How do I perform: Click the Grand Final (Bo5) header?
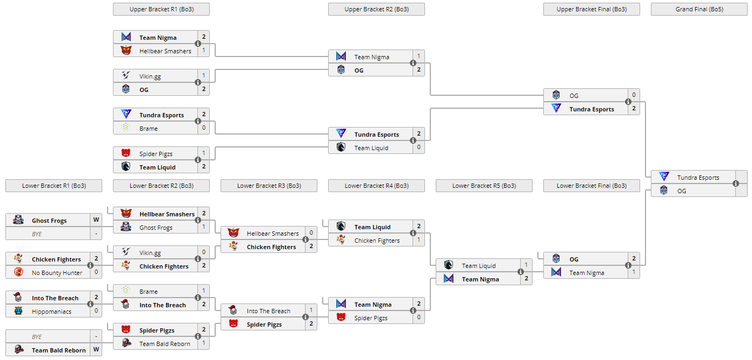[699, 9]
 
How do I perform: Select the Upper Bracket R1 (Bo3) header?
[161, 9]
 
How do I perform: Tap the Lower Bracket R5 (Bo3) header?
[484, 186]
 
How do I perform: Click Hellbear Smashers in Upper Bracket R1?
[165, 51]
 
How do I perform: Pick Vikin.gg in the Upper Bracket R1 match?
[150, 76]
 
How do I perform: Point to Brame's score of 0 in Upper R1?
[204, 129]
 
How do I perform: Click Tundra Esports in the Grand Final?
[698, 178]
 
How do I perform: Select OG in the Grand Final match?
[682, 191]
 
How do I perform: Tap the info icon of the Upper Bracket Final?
[628, 102]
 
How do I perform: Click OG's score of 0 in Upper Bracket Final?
[634, 95]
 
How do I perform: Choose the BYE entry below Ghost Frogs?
[37, 234]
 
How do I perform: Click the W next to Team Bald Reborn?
[96, 350]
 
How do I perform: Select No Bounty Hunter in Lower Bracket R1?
[57, 273]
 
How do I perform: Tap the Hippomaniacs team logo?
[18, 311]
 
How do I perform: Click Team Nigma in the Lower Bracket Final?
[587, 273]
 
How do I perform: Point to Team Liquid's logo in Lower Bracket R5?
[449, 265]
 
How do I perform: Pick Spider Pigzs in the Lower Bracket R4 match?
[371, 318]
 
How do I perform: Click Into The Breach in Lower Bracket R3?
[268, 311]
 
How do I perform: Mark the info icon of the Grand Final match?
[736, 183]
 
